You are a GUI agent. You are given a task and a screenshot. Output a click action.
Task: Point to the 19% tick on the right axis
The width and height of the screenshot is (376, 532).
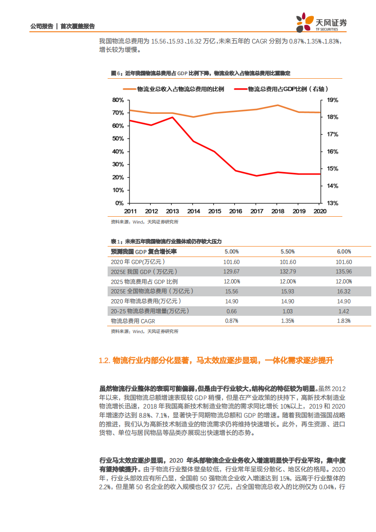click(332, 100)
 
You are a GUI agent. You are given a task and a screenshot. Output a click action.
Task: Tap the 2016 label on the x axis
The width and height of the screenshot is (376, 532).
click(235, 211)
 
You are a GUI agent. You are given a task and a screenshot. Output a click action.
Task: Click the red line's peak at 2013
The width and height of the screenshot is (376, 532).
click(173, 117)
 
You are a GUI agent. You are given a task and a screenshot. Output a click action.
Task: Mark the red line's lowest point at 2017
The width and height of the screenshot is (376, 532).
click(257, 176)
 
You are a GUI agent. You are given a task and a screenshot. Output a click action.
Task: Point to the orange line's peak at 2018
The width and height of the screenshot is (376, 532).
click(278, 105)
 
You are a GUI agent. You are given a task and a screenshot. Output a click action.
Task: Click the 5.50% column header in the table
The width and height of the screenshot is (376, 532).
click(288, 252)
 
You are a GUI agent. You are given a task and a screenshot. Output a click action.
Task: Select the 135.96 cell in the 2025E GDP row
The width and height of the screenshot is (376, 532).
click(344, 272)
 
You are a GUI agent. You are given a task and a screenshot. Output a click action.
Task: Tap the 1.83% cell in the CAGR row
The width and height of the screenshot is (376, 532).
click(344, 321)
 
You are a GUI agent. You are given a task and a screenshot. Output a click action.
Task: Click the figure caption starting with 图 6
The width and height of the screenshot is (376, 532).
click(200, 73)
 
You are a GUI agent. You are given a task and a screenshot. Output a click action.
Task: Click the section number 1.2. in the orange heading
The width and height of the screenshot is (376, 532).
click(104, 361)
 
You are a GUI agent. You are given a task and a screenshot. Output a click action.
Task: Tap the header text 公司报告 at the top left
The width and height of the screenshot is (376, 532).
click(41, 26)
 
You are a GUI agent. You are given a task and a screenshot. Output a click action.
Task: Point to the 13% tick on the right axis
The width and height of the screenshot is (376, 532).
click(332, 203)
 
